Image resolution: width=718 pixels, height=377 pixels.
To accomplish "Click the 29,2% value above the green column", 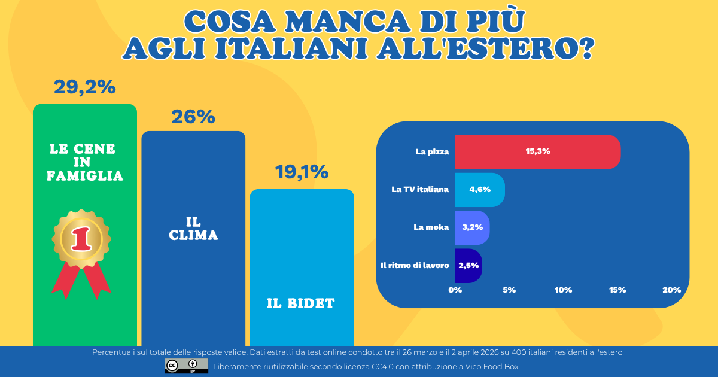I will coord(84,87).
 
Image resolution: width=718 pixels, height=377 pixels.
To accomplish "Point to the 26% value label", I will coord(193,117).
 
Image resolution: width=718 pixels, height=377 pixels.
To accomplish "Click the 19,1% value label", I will coord(302,172).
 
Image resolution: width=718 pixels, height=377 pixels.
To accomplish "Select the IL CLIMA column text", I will coord(193,229).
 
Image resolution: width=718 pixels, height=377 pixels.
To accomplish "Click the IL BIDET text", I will coord(301,303).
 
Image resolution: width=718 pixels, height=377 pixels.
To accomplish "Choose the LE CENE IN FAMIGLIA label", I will coord(84,162).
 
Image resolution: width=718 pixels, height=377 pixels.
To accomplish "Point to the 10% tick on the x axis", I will coord(563,290).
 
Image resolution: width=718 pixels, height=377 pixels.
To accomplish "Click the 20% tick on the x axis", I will coord(671,290).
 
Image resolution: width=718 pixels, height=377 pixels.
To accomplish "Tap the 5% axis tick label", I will coord(509,290).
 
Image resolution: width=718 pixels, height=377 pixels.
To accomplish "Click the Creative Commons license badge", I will coord(186,366).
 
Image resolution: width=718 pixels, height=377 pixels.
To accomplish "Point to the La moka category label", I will coord(431,227).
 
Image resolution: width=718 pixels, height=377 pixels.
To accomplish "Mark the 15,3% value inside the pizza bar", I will coord(538,151).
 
